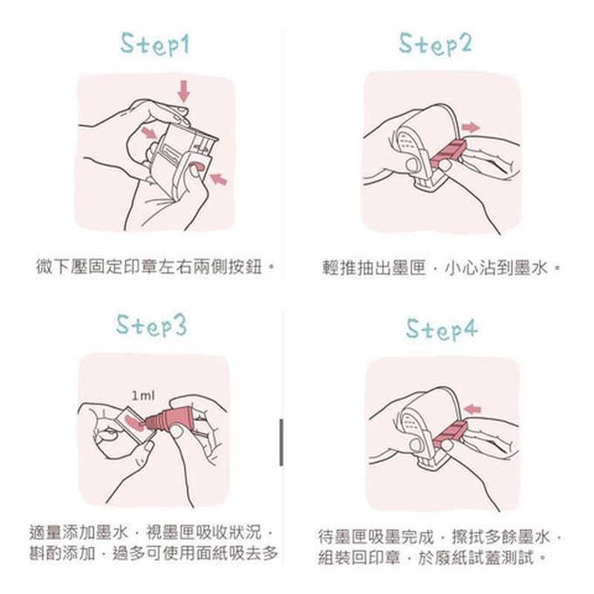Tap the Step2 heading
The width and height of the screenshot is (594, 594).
[x=435, y=44]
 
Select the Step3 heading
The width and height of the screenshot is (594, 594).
[x=152, y=325]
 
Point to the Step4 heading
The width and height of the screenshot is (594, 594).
[x=442, y=330]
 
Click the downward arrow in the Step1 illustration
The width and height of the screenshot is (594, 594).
[x=183, y=88]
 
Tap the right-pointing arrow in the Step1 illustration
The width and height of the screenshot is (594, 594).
[x=150, y=132]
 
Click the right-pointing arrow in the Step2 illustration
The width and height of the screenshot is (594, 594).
[x=471, y=128]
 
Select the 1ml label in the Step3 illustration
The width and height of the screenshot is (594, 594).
[x=142, y=396]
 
